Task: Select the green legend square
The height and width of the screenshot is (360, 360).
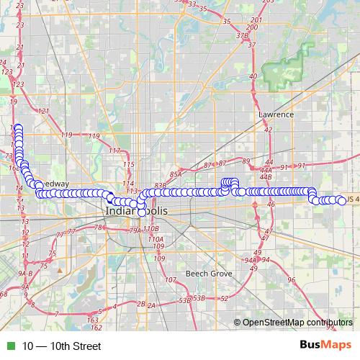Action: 9,346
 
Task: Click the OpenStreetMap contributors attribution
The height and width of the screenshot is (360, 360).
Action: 297,323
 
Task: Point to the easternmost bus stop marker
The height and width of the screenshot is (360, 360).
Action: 342,201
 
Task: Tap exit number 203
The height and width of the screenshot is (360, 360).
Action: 269,2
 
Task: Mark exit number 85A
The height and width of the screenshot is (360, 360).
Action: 176,174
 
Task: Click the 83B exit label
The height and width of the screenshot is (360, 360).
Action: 160,185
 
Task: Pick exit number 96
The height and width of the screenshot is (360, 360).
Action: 291,280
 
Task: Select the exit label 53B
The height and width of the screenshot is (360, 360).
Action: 186,299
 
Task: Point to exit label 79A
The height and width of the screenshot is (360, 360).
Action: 135,231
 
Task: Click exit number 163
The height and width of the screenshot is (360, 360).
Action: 92,318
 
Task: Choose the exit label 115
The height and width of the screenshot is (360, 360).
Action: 129,165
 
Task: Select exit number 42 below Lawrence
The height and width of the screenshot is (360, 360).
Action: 268,130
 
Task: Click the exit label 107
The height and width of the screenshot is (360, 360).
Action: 170,279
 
